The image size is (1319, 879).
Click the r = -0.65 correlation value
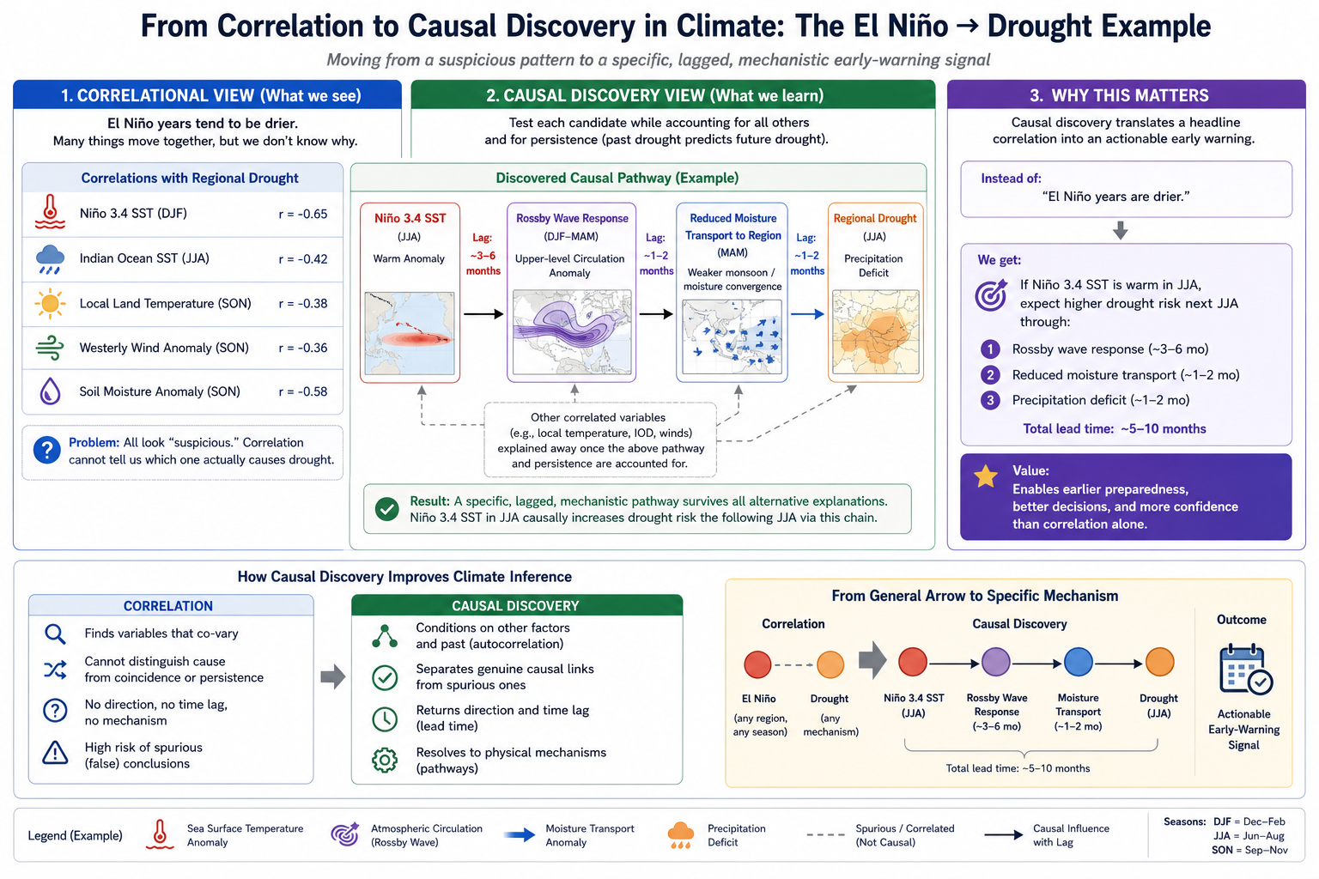click(x=302, y=214)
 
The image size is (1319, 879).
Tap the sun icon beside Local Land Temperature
click(x=50, y=304)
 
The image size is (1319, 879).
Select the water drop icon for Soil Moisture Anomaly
click(x=50, y=391)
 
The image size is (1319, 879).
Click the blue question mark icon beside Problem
click(x=47, y=451)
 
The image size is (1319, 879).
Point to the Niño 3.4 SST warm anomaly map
click(x=410, y=333)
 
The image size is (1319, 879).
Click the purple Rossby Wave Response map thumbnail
click(x=572, y=332)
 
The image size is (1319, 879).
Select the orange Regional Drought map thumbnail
click(x=876, y=332)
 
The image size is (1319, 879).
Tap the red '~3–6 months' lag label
click(x=483, y=264)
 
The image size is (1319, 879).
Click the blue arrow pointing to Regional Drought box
click(x=807, y=314)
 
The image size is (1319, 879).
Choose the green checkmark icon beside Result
click(x=387, y=509)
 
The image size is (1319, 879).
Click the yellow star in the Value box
click(x=986, y=477)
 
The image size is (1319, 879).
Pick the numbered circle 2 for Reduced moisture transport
click(x=990, y=375)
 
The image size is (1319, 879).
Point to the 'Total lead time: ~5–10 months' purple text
click(x=1114, y=428)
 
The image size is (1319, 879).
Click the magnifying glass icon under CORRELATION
click(x=55, y=634)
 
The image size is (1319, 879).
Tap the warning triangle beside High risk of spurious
click(x=55, y=753)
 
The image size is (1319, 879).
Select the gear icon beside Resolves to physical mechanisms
click(x=385, y=760)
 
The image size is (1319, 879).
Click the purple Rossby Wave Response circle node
click(x=996, y=663)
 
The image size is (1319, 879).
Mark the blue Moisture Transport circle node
click(x=1079, y=663)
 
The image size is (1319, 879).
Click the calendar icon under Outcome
click(x=1245, y=670)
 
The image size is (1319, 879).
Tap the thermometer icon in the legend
click(x=160, y=834)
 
